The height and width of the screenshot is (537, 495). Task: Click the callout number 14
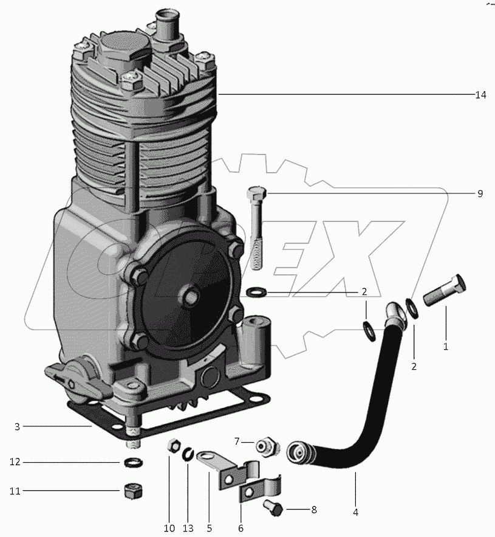click(x=480, y=95)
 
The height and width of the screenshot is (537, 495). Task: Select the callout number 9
click(x=480, y=193)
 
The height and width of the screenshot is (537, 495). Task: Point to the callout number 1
click(x=445, y=347)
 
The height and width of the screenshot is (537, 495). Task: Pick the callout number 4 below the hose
click(x=355, y=512)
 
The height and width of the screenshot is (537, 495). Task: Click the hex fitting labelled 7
click(x=266, y=446)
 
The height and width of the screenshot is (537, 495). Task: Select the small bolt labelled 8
click(x=273, y=508)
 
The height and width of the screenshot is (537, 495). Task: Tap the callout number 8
click(x=313, y=510)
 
